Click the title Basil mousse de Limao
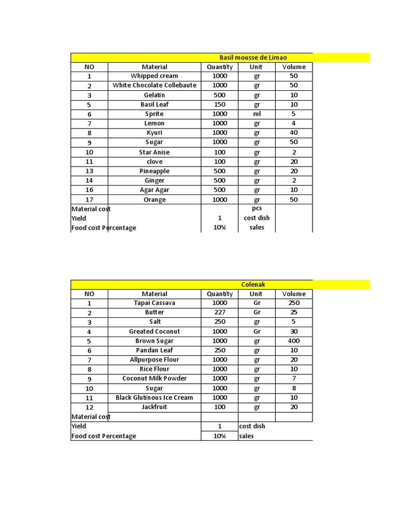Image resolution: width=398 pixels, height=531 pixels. coord(253,58)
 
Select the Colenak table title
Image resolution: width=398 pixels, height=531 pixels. coord(253,284)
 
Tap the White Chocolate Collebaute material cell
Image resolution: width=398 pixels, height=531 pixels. coord(154,85)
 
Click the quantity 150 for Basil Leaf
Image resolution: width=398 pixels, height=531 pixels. coord(220,104)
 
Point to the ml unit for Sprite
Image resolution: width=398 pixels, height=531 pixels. coord(257,114)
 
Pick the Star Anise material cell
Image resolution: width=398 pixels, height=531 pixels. coord(154,152)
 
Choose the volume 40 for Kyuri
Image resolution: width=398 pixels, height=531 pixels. coord(294,133)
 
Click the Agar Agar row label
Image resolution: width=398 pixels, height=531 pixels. coord(154,190)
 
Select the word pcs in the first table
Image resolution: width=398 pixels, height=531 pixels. coord(257,208)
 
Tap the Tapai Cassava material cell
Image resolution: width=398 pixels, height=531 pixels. coord(154,303)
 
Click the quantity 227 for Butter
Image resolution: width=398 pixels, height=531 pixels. coord(220,312)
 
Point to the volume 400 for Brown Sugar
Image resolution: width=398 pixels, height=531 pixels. coord(294,341)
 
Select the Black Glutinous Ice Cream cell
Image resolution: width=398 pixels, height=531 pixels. coord(154,398)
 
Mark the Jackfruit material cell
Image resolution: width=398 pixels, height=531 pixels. coord(154,407)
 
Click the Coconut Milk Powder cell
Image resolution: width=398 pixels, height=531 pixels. coord(154,379)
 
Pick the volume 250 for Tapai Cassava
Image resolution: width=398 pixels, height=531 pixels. coord(294,303)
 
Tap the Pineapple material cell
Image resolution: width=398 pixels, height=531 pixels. coord(154,171)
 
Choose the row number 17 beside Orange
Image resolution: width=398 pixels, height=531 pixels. coord(89,200)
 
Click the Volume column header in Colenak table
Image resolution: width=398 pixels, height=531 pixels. coord(294,294)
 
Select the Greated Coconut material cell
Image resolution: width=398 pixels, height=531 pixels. coord(154,331)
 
